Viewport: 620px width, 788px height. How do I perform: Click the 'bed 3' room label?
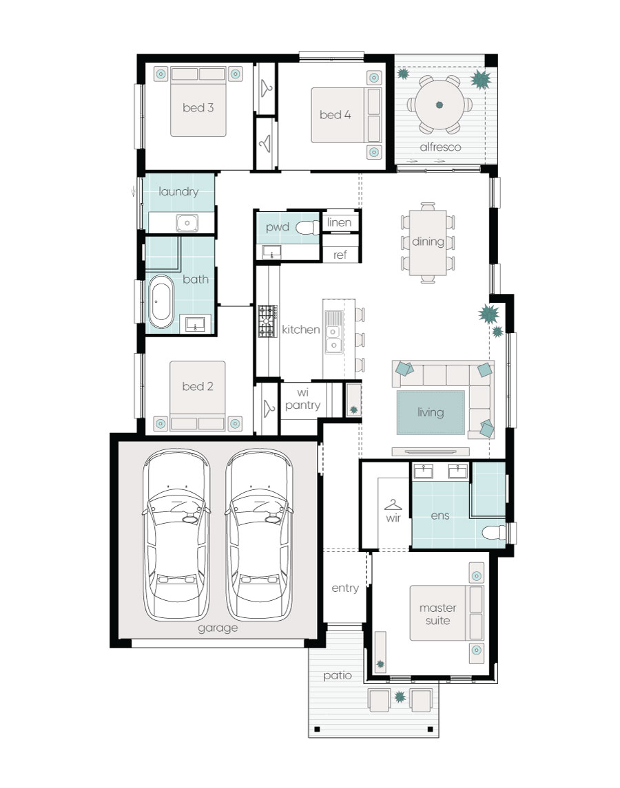click(198, 107)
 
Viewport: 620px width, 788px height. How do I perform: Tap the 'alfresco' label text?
click(440, 147)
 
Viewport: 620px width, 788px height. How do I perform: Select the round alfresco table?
click(440, 105)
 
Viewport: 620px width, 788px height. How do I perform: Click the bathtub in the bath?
click(161, 301)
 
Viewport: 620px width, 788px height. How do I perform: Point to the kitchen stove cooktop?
click(268, 321)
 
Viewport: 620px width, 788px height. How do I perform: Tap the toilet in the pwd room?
click(307, 228)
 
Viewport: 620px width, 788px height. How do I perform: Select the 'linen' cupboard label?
click(339, 222)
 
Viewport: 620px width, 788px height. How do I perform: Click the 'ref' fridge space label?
click(340, 255)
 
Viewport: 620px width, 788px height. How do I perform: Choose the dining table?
click(428, 243)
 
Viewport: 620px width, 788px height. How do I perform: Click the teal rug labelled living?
click(431, 412)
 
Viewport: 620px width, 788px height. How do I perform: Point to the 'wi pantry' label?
click(302, 399)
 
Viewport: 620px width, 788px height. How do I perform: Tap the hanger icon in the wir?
click(393, 504)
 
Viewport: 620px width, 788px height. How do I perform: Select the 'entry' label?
click(345, 588)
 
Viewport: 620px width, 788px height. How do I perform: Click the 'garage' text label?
click(218, 628)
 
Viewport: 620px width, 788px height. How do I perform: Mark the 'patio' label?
click(337, 675)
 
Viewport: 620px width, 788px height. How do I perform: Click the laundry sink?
click(187, 222)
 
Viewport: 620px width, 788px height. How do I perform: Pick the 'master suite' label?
click(438, 614)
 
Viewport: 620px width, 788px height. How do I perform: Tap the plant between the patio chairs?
click(400, 697)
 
